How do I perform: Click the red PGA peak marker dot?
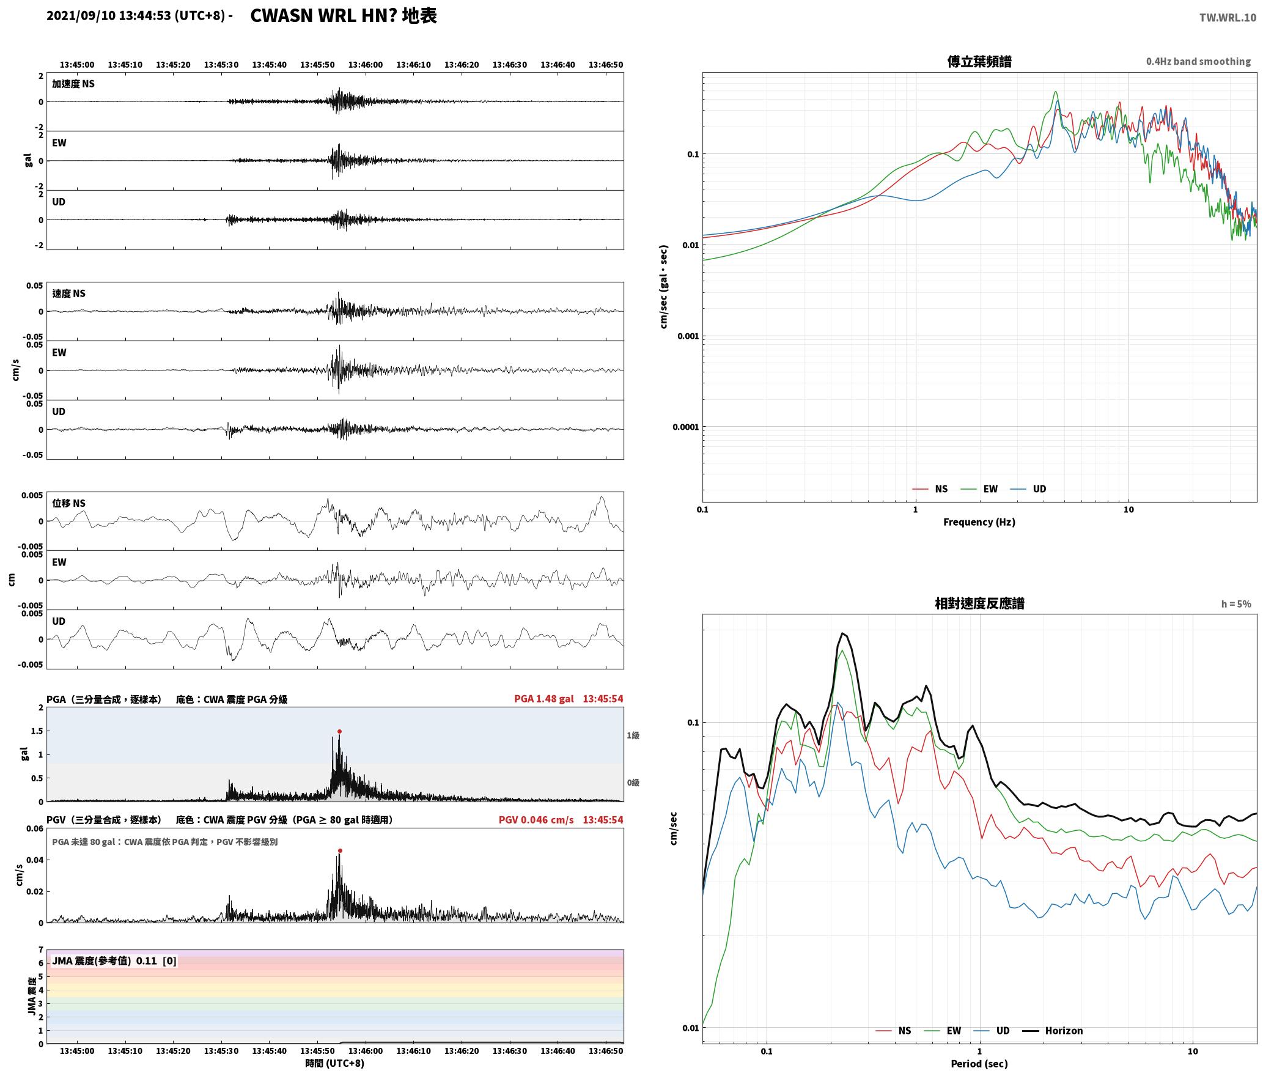(339, 731)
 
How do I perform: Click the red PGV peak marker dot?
(340, 850)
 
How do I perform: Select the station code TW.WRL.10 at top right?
(1228, 18)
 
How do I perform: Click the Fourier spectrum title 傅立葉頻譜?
(979, 62)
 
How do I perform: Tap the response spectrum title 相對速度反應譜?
(979, 603)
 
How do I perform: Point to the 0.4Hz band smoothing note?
(1198, 61)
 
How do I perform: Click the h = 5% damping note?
(1236, 604)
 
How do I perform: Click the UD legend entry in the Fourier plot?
(1028, 489)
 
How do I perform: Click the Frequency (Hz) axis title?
(979, 522)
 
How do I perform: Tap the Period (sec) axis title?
(979, 1064)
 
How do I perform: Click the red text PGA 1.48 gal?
(544, 699)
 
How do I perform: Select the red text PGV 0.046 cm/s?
(536, 820)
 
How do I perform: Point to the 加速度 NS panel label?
(73, 84)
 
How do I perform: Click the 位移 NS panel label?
(68, 504)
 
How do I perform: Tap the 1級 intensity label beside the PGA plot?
(633, 735)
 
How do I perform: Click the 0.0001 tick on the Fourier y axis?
(685, 427)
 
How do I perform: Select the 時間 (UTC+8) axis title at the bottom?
(334, 1063)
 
